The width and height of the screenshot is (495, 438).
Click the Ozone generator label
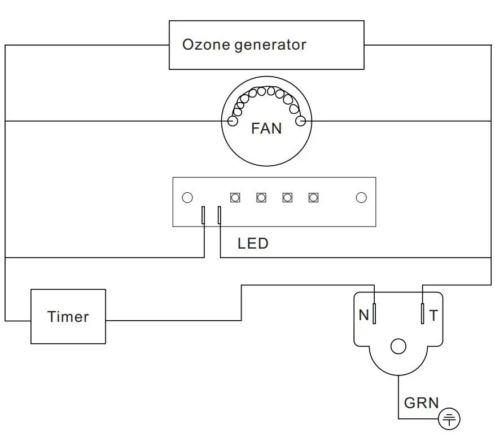244,45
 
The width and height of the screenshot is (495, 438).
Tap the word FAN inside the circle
266,129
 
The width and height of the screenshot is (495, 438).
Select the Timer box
68,316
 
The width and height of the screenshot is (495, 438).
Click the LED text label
252,244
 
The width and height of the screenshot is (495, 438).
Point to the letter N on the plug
363,316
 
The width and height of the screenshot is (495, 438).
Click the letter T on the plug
433,316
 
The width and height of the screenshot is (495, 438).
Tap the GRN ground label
421,402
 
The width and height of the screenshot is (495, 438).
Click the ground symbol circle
450,418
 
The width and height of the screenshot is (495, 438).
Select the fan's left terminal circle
232,121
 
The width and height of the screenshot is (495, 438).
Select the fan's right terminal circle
300,121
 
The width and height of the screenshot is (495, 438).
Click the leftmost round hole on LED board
187,197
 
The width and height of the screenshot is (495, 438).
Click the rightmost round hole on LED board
361,197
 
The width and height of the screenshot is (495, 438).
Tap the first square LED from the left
235,197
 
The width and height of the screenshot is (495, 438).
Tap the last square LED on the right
313,197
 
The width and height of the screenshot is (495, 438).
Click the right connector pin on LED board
219,215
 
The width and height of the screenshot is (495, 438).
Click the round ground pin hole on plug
398,346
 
